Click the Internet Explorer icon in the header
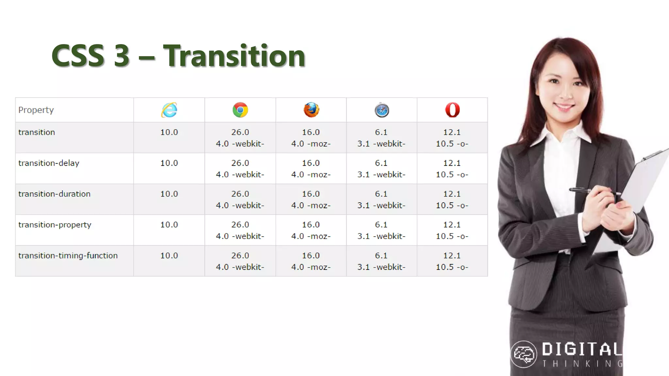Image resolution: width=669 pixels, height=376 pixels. [x=169, y=110]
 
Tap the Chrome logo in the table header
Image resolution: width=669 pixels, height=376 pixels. [x=240, y=110]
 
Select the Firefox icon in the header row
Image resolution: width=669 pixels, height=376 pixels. [x=311, y=110]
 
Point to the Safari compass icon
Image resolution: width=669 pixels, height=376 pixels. [x=382, y=110]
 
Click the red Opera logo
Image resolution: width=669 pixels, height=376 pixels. [x=452, y=110]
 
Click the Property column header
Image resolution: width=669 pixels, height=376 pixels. [x=36, y=110]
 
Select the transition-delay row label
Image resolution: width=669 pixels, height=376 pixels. [x=49, y=163]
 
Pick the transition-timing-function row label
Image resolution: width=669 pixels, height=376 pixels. [x=68, y=256]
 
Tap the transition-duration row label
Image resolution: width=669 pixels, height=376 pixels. [x=54, y=194]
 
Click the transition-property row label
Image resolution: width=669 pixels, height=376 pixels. [x=55, y=225]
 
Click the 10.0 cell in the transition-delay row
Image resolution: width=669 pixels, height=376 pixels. [x=169, y=163]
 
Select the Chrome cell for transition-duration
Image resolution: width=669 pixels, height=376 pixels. [x=240, y=199]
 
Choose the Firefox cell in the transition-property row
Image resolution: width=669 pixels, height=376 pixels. [x=311, y=230]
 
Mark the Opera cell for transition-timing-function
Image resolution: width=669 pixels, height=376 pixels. [x=452, y=261]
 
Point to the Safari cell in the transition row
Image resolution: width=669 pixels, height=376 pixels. [x=381, y=138]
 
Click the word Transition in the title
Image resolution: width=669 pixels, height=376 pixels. [x=234, y=56]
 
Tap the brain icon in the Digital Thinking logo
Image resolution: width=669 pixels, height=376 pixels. [x=524, y=354]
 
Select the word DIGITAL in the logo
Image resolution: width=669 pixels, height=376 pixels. [x=582, y=350]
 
